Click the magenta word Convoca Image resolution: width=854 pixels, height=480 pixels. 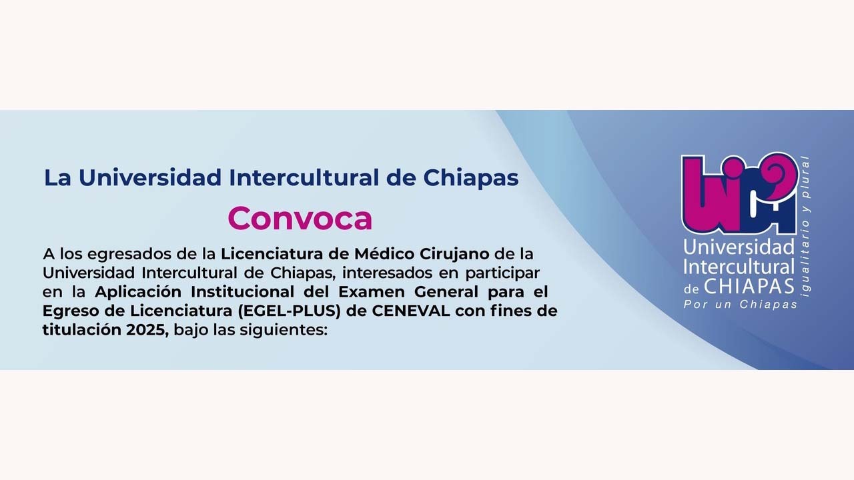point(300,218)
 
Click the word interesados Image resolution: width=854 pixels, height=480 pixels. point(375,273)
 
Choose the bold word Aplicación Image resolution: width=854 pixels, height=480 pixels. point(138,291)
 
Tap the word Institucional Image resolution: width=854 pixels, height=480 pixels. point(243,291)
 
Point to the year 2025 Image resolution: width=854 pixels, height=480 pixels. point(147,329)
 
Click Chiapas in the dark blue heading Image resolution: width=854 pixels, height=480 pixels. point(471,178)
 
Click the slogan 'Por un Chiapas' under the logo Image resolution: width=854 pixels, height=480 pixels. point(741,304)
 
